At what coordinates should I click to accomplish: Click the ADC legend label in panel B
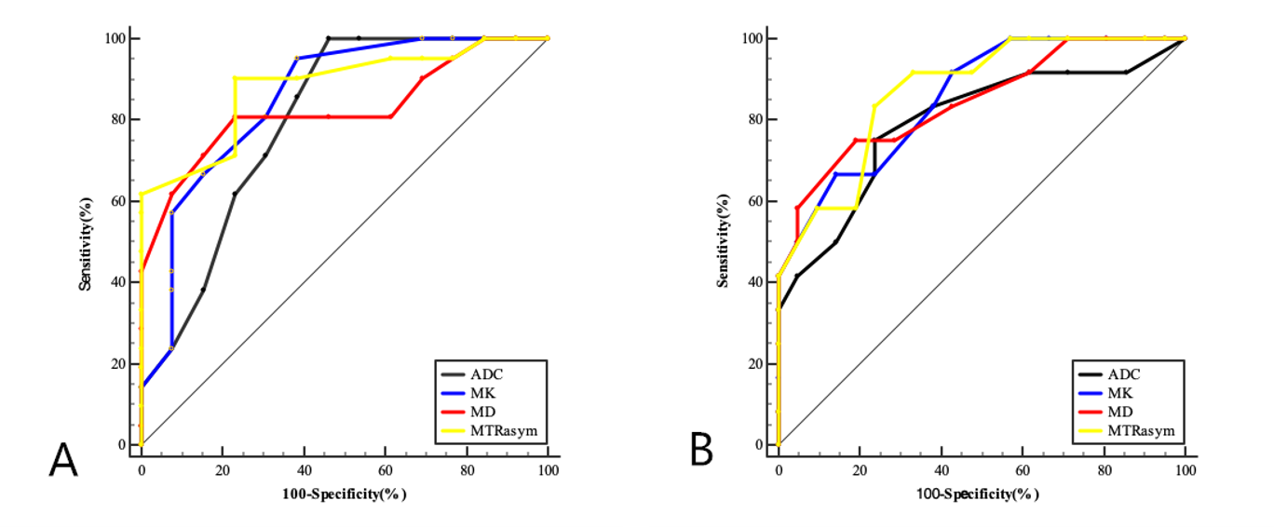(1124, 374)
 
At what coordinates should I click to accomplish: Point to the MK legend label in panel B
(1120, 393)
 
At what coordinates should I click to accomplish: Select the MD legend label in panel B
(1120, 412)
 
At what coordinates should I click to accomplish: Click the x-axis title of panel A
(345, 494)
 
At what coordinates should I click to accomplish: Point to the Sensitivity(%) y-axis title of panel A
(85, 242)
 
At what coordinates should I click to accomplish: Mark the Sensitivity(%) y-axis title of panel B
(722, 242)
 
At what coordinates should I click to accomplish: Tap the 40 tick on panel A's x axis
(304, 471)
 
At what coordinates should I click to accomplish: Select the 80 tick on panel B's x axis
(1104, 471)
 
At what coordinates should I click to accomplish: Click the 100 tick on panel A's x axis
(548, 471)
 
